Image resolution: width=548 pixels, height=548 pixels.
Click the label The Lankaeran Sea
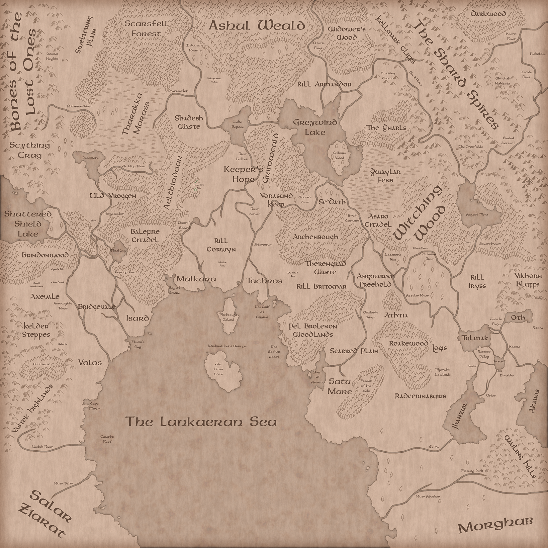tap(201, 422)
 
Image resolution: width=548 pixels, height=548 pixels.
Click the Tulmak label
tap(474, 338)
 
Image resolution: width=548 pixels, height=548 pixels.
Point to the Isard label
tap(138, 318)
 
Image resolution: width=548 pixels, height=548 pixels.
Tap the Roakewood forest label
tap(408, 344)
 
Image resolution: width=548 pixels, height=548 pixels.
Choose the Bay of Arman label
tap(317, 377)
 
